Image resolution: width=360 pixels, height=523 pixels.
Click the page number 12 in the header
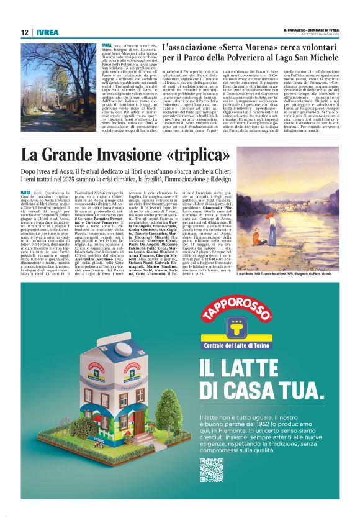click(24, 32)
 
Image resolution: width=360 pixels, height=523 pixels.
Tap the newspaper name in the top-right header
click(311, 29)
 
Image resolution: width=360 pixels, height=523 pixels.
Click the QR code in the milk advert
click(212, 470)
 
